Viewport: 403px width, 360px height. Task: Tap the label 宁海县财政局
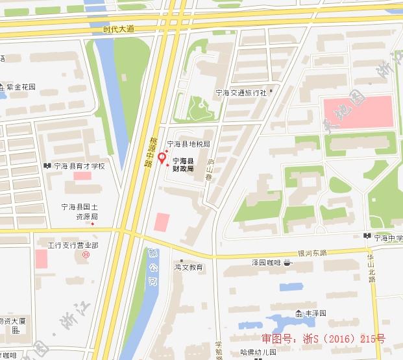[x=183, y=164]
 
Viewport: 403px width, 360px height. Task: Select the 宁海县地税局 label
[x=189, y=144]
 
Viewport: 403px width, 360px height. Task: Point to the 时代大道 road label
[x=118, y=29]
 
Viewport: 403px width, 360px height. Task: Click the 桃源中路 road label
[x=148, y=151]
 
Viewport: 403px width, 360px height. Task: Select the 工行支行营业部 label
[x=73, y=245]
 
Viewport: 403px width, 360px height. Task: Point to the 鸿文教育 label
[x=189, y=267]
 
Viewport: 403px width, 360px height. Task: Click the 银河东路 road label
[x=312, y=252]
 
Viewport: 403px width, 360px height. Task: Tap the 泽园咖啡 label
[x=271, y=263]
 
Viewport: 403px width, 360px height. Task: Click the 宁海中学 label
[x=387, y=237]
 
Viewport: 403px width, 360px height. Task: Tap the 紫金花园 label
[x=21, y=86]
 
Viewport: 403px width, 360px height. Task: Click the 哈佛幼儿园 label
[x=258, y=352]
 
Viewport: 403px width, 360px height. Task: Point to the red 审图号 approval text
[x=323, y=339]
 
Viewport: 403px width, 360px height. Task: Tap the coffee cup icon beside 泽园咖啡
[x=295, y=263]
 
